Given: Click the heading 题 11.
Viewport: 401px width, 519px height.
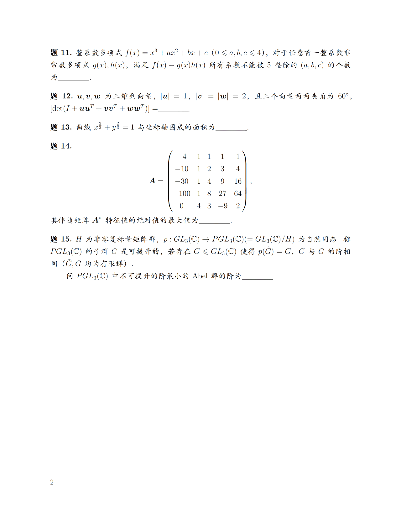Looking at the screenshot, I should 61,53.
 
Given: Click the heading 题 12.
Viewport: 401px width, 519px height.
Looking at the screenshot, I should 61,96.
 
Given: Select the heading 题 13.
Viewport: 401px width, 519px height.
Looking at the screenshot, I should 61,127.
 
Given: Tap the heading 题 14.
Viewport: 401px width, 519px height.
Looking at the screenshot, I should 61,146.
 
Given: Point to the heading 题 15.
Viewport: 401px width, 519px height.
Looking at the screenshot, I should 61,239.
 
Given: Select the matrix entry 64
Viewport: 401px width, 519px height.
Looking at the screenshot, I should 238,194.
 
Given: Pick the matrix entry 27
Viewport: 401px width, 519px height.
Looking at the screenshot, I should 222,194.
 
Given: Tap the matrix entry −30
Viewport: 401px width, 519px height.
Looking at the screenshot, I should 182,181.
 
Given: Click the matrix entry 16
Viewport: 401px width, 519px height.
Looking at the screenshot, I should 238,181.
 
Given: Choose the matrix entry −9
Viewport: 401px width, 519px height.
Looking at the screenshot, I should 223,206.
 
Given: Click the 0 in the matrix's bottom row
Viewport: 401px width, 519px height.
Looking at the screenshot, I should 181,206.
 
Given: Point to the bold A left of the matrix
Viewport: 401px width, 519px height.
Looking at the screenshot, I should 153,181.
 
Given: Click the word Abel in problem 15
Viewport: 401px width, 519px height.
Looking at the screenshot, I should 200,276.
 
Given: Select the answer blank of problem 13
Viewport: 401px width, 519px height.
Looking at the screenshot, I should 232,128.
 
